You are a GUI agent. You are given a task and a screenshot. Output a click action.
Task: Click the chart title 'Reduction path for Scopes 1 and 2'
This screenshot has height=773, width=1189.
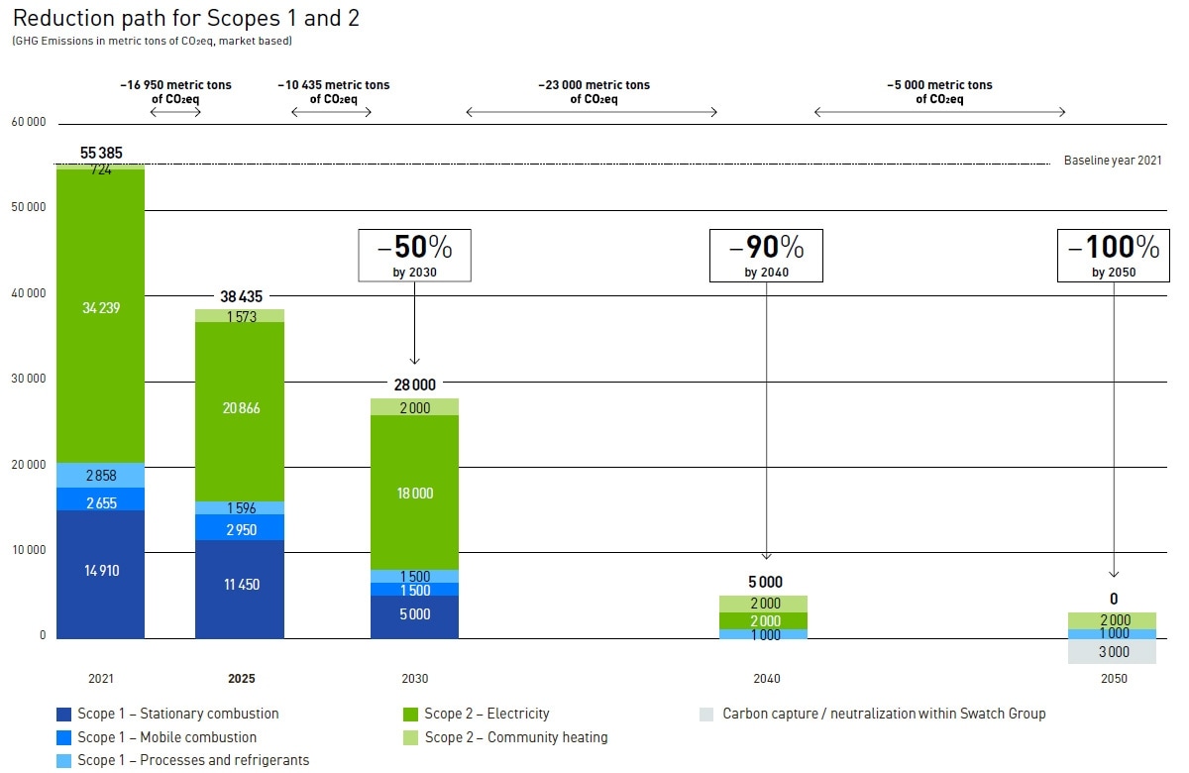tap(184, 18)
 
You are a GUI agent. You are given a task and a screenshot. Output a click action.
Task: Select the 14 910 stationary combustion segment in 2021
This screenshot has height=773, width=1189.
tap(100, 572)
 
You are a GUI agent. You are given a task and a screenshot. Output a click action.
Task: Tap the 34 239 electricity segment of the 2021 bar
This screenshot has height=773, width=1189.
tap(100, 308)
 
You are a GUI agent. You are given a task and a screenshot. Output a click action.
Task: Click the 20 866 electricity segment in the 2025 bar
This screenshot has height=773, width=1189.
tap(240, 408)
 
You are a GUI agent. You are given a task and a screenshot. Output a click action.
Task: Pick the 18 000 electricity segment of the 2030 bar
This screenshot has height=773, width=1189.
tap(414, 494)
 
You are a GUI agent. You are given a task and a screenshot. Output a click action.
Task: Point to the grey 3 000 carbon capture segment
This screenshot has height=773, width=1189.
tap(1113, 651)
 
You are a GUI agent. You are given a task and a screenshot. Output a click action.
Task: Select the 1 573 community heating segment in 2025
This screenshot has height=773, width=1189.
tap(240, 316)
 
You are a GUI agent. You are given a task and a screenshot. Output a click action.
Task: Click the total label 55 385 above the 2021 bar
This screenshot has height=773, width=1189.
tap(100, 153)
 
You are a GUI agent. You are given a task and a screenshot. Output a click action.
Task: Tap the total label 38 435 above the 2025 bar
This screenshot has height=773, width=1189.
tap(240, 296)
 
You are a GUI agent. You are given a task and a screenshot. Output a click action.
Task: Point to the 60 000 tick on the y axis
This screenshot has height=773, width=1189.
tap(29, 122)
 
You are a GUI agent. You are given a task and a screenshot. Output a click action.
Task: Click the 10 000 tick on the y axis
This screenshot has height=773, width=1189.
tap(29, 550)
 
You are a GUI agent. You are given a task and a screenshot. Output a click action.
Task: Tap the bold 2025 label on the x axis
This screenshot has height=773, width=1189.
tap(241, 679)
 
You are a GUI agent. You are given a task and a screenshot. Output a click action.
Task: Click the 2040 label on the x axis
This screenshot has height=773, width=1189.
tap(766, 679)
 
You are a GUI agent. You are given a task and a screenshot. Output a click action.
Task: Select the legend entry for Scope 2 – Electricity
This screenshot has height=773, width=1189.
tap(486, 714)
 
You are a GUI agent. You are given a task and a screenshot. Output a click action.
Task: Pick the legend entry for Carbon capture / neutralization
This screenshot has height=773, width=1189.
tap(883, 714)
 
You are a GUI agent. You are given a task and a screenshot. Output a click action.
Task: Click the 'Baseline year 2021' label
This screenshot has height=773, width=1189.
tap(1112, 161)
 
